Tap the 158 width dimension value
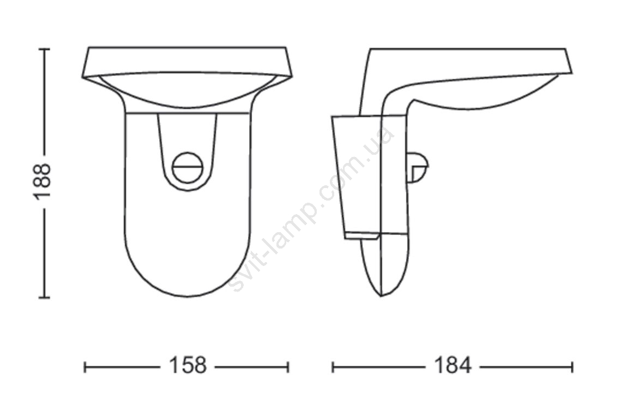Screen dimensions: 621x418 pyautogui.click(x=188, y=365)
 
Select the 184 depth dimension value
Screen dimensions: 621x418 pyautogui.click(x=453, y=365)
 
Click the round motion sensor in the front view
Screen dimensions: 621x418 pyautogui.click(x=188, y=167)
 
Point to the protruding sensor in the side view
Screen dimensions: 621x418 pyautogui.click(x=418, y=168)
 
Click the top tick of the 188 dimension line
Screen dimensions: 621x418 pyautogui.click(x=44, y=49)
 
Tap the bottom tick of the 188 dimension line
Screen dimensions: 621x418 pyautogui.click(x=44, y=297)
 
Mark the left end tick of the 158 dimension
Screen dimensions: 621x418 pyautogui.click(x=85, y=367)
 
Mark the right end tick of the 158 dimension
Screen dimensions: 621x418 pyautogui.click(x=288, y=367)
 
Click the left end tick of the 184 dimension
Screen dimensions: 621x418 pyautogui.click(x=333, y=367)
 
